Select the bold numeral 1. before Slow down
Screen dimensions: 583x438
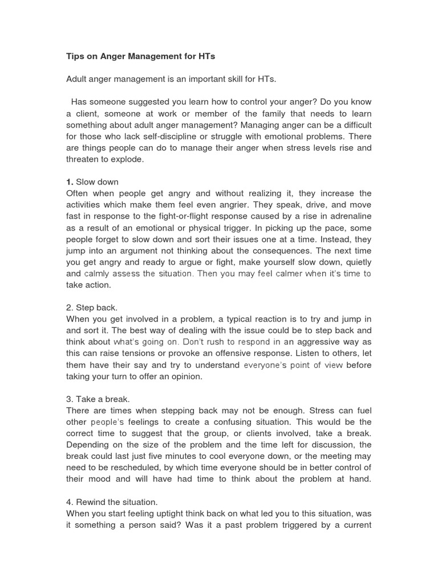point(70,182)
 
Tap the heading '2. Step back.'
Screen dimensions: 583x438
point(92,307)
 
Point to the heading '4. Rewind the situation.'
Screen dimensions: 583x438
point(113,502)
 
